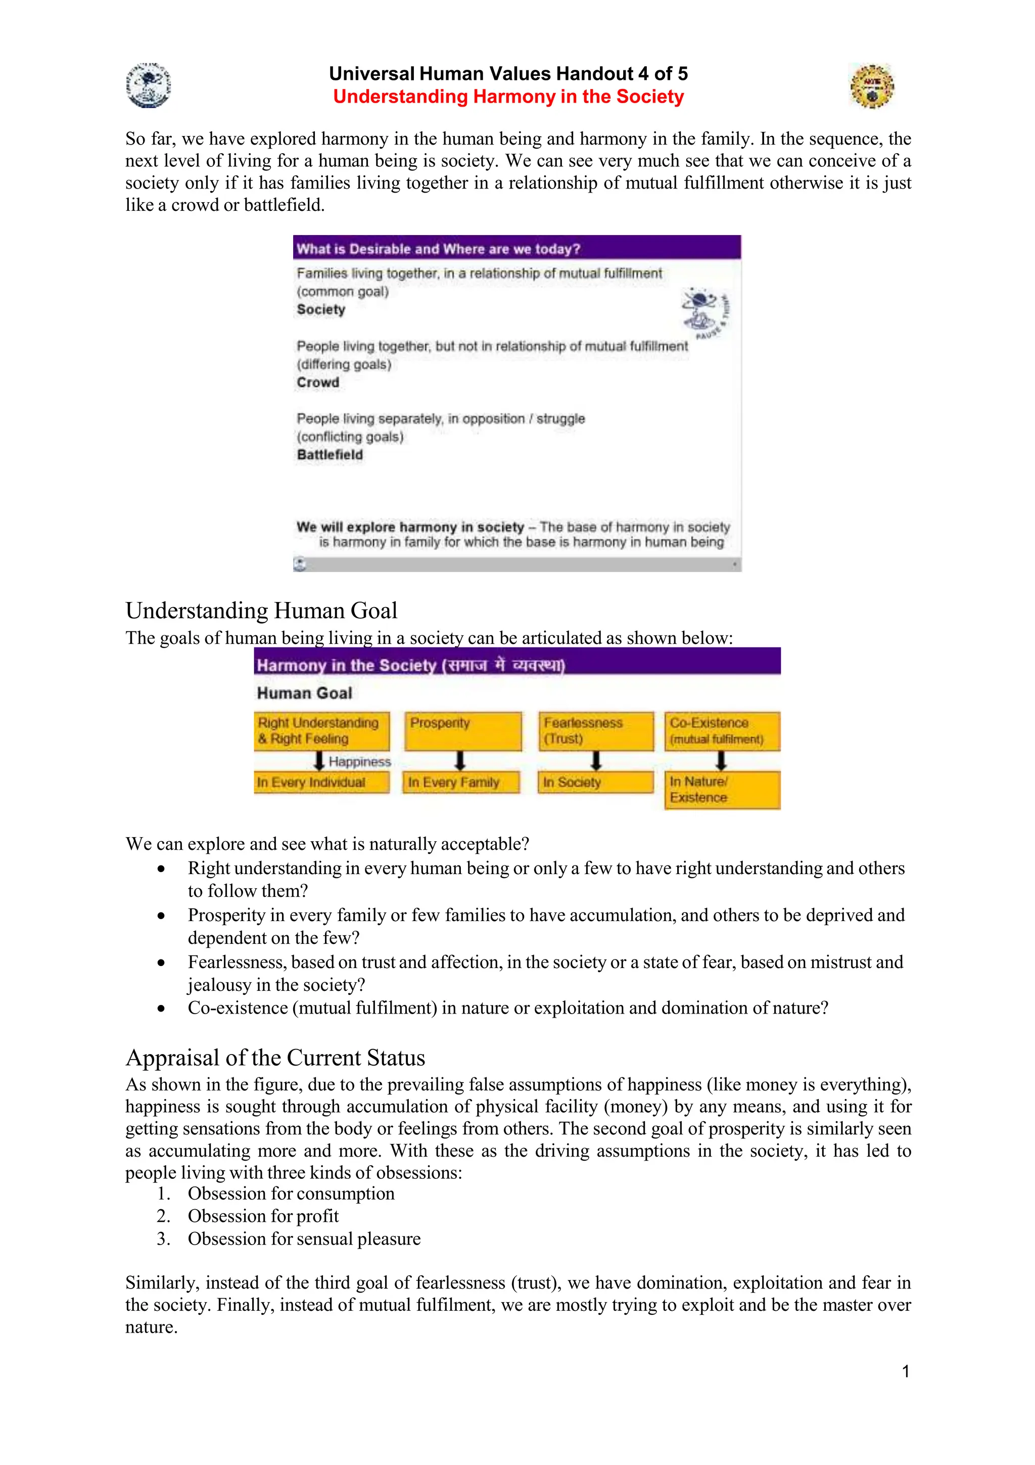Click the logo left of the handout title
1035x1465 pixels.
pyautogui.click(x=149, y=85)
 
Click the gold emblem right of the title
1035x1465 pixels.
pyautogui.click(x=872, y=86)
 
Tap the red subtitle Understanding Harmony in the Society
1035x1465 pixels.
pyautogui.click(x=508, y=97)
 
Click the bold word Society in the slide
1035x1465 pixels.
pyautogui.click(x=321, y=309)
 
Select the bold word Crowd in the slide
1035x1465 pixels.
pyautogui.click(x=317, y=382)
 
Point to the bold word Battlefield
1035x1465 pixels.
pyautogui.click(x=330, y=455)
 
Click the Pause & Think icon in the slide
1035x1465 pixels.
pyautogui.click(x=704, y=312)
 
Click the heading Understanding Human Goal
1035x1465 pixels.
pyautogui.click(x=261, y=611)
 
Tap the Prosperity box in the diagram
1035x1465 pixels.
pyautogui.click(x=463, y=730)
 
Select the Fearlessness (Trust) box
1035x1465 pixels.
pyautogui.click(x=596, y=730)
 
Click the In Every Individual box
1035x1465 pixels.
pyautogui.click(x=321, y=782)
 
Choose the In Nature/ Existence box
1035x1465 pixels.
pyautogui.click(x=722, y=790)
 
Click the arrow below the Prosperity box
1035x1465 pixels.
pyautogui.click(x=460, y=761)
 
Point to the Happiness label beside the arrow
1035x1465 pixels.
pyautogui.click(x=360, y=762)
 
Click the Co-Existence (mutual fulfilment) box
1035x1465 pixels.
pyautogui.click(x=722, y=730)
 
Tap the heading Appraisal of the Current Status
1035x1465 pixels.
pyautogui.click(x=275, y=1058)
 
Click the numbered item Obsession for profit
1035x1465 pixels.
pyautogui.click(x=263, y=1216)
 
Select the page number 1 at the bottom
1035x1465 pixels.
pyautogui.click(x=906, y=1371)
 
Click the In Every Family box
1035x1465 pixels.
pyautogui.click(x=460, y=782)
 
